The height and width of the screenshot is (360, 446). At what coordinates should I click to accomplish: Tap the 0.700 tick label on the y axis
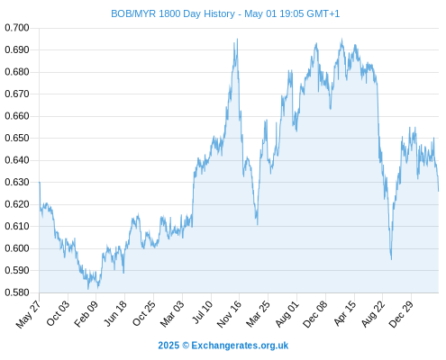click(x=17, y=28)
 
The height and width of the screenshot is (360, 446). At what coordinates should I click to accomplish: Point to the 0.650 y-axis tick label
click(x=17, y=138)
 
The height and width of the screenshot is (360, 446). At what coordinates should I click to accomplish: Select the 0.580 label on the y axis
click(x=17, y=292)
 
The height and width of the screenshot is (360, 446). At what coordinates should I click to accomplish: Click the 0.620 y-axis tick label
click(x=17, y=204)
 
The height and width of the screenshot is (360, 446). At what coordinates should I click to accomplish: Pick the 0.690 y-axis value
click(x=17, y=49)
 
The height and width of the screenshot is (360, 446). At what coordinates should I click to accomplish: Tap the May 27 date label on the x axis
click(x=28, y=314)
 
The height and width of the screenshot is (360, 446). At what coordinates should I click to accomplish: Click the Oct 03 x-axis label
click(x=58, y=313)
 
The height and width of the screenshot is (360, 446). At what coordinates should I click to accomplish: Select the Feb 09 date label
click(x=86, y=314)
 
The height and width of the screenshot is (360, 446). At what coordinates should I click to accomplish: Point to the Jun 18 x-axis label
click(x=114, y=313)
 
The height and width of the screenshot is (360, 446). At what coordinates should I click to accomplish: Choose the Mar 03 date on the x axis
click(x=172, y=314)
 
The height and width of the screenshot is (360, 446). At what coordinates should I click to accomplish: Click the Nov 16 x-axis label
click(x=229, y=314)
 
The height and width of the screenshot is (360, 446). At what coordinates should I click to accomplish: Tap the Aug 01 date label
click(x=287, y=314)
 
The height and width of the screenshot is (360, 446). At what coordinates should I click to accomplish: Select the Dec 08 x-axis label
click(x=314, y=314)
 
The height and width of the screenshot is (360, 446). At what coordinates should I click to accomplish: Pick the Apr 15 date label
click(x=345, y=313)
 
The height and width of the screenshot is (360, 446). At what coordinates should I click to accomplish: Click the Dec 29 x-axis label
click(x=401, y=314)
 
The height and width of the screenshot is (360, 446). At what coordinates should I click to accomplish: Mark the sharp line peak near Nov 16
click(x=237, y=39)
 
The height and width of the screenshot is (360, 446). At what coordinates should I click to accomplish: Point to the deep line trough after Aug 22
click(x=391, y=259)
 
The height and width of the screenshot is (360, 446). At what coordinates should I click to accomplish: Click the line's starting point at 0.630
click(x=40, y=182)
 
